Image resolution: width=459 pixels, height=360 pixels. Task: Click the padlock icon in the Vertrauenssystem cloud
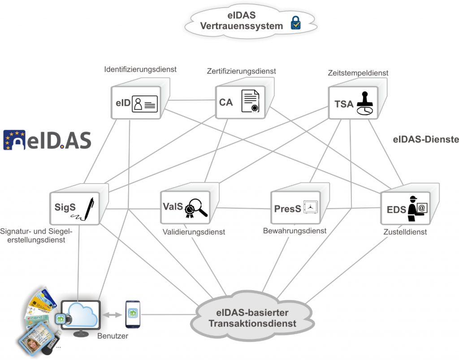coord(296,22)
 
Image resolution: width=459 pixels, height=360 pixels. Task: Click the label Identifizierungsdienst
coord(140,69)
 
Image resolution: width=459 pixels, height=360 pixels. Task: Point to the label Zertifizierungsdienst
coord(241,71)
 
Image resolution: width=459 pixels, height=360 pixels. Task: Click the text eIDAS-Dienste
coord(426,140)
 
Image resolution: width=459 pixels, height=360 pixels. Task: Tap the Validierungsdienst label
coord(194,232)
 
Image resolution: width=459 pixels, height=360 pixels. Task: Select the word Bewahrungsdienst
coord(294,231)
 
